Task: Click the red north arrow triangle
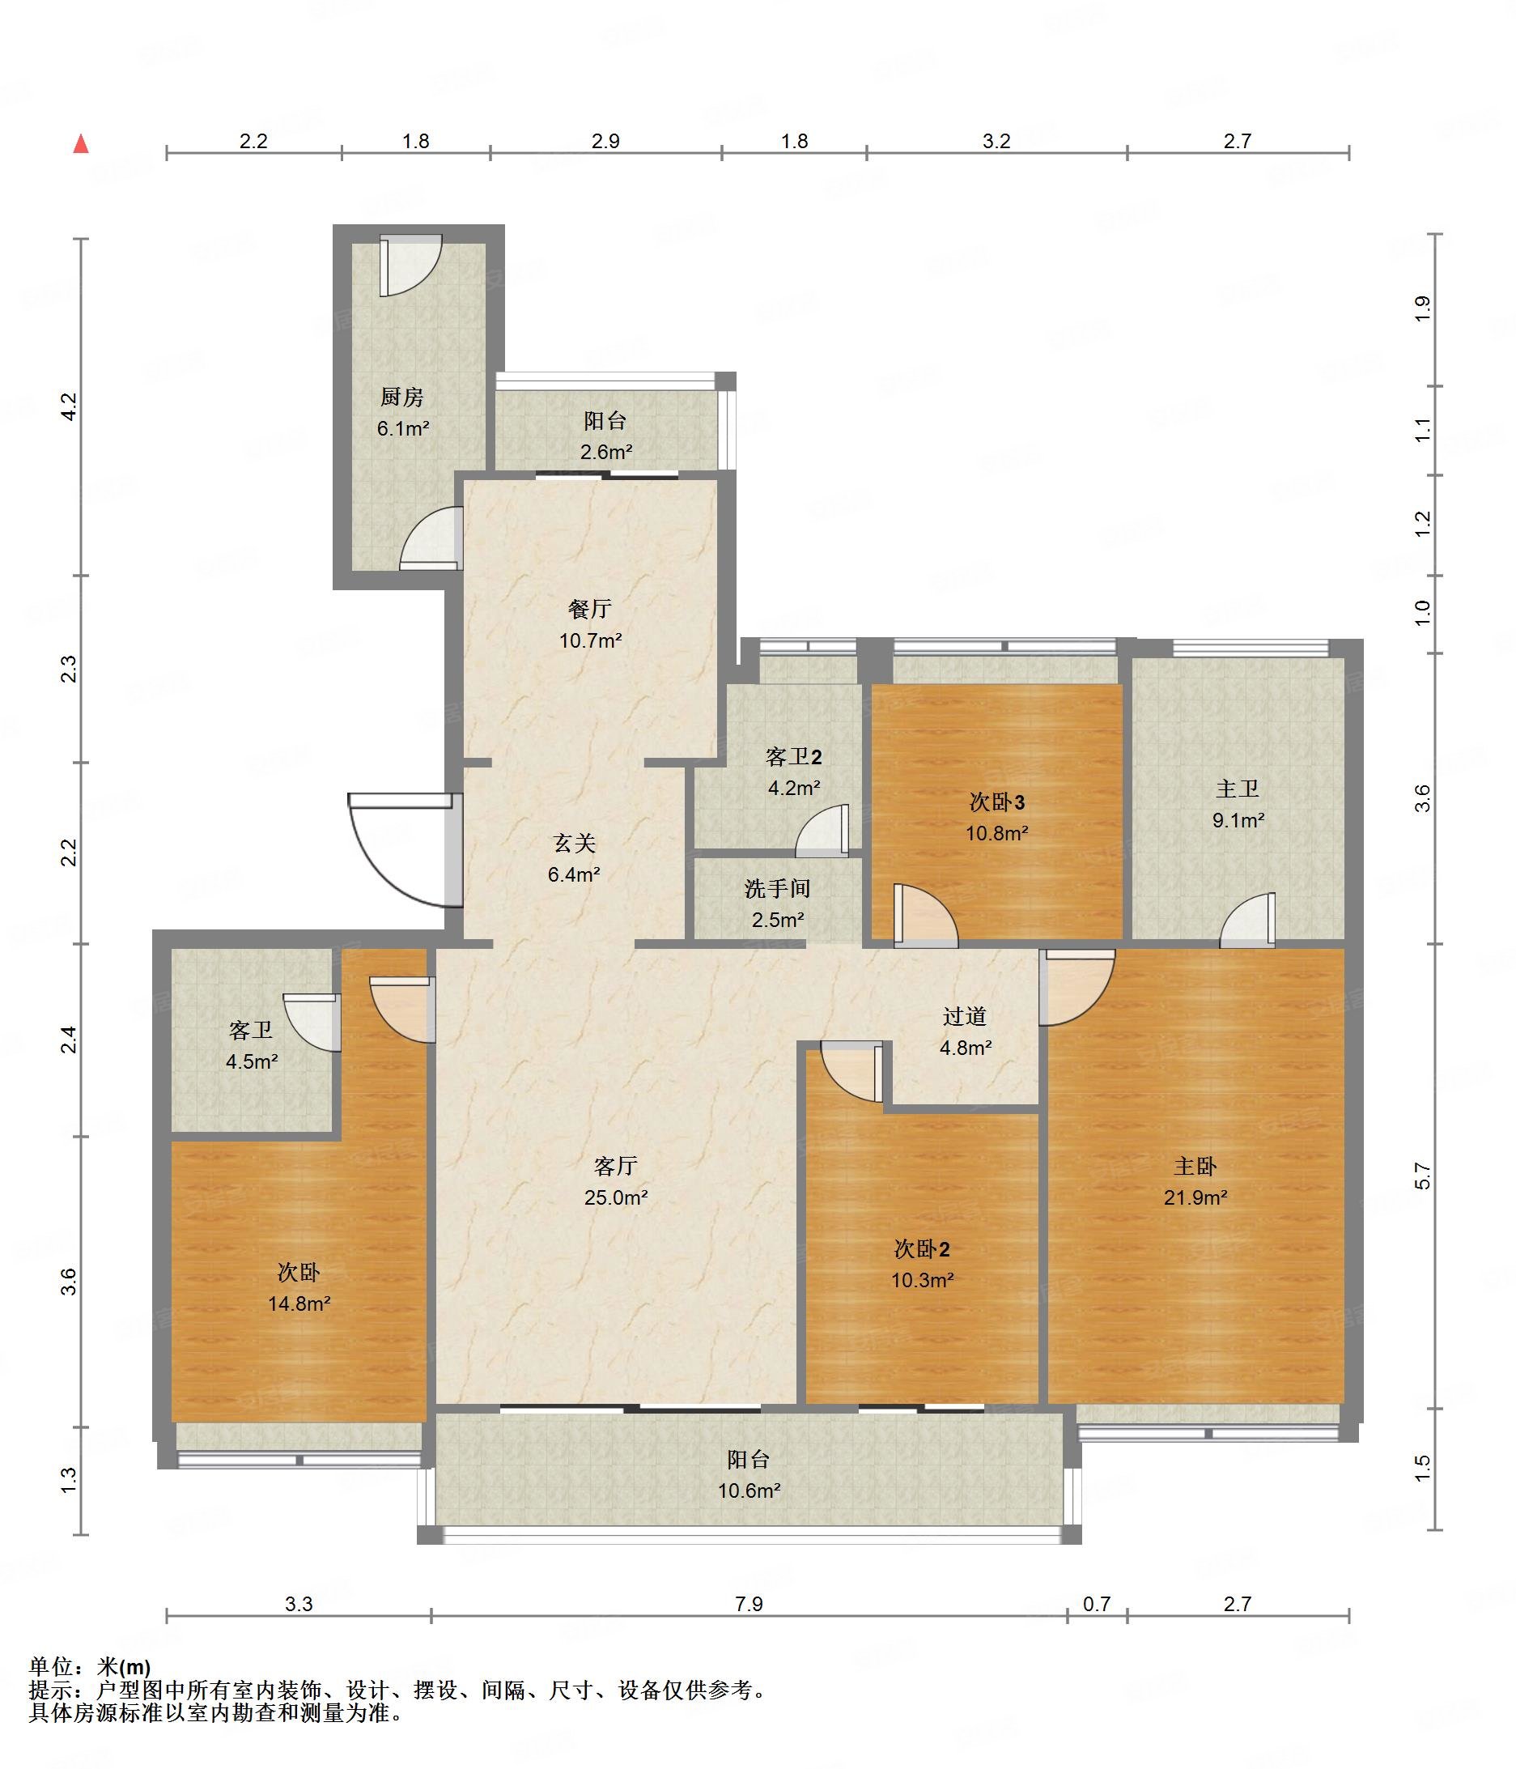pos(81,143)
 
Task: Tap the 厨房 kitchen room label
pos(402,397)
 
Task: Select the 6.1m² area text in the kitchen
pos(403,428)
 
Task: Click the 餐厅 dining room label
pos(590,609)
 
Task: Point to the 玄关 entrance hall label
pos(574,844)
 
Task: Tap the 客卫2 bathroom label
pos(794,756)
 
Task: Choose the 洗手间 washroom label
pos(777,889)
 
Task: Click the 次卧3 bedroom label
pos(996,802)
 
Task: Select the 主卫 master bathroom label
pos(1237,789)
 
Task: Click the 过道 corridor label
pos(965,1016)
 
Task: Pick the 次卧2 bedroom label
pos(922,1249)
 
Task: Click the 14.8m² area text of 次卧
pos(299,1303)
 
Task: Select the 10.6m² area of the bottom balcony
pos(749,1491)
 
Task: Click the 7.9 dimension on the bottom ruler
pos(749,1604)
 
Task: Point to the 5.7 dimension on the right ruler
pos(1422,1176)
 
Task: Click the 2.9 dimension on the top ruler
pos(605,141)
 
